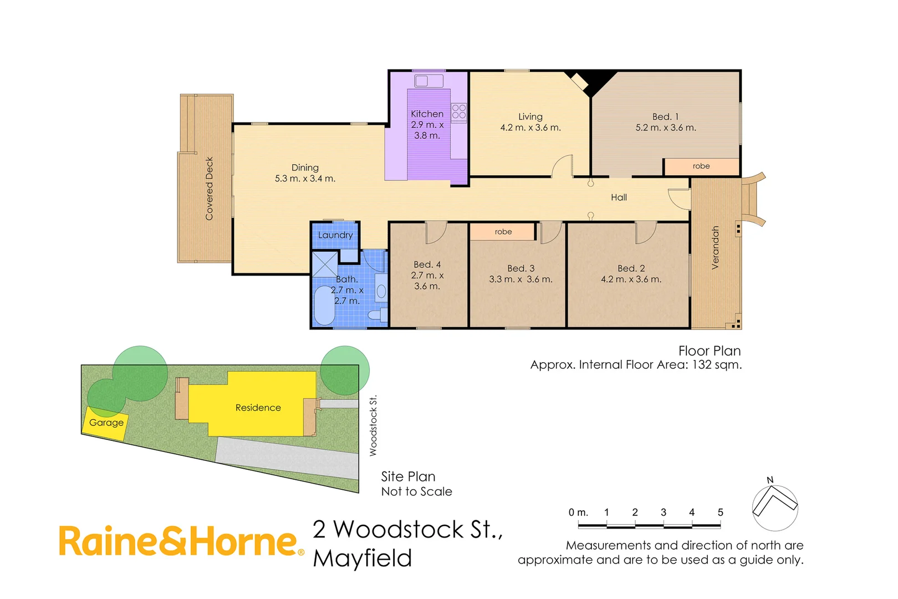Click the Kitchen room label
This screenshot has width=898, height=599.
[427, 114]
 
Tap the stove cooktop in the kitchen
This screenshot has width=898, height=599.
[458, 112]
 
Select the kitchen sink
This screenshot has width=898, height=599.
[428, 81]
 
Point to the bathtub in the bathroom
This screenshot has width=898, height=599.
[324, 306]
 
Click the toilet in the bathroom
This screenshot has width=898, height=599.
[378, 314]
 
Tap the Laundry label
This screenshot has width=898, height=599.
[335, 235]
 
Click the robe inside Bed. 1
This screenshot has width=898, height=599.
[701, 166]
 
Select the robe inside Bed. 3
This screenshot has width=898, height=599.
[503, 232]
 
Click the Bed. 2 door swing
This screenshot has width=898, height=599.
[645, 232]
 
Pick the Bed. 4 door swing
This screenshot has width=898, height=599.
[435, 232]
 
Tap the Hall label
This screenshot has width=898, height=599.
[619, 197]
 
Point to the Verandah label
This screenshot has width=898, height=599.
[715, 247]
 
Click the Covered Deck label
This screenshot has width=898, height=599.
[209, 189]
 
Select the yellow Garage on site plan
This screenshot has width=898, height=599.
[105, 423]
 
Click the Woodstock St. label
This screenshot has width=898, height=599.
[373, 425]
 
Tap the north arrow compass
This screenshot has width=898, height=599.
[774, 506]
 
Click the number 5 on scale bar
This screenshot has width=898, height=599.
[720, 512]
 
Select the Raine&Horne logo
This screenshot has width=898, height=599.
[180, 541]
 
